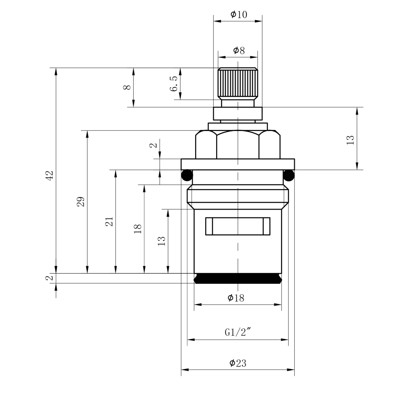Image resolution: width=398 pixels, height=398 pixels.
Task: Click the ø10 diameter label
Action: tap(239, 14)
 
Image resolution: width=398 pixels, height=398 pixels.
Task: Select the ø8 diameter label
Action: tap(239, 51)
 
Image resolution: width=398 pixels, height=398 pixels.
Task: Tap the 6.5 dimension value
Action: tap(174, 84)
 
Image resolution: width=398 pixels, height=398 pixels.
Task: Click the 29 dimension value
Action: tap(81, 202)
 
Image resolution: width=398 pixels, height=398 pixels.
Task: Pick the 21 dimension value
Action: tap(109, 222)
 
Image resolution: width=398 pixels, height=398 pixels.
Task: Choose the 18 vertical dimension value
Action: tap(138, 229)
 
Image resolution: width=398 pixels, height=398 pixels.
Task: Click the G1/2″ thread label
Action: tap(237, 332)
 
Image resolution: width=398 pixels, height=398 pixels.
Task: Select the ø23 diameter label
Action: tap(238, 363)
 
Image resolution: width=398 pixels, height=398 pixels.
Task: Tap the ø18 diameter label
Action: tap(236, 298)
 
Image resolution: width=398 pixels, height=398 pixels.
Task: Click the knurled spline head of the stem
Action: tap(238, 84)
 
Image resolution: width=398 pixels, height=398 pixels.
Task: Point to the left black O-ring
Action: tap(187, 175)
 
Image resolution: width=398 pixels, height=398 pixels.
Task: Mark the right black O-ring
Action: tap(289, 175)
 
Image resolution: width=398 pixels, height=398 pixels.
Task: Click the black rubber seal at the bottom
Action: tap(238, 278)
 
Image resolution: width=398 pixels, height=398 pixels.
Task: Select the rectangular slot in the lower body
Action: tap(238, 226)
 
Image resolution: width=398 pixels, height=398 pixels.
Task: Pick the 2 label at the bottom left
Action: tap(50, 278)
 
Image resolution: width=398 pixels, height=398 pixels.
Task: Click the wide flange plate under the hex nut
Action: tap(238, 164)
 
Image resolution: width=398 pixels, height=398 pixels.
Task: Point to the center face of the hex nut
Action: tap(238, 145)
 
